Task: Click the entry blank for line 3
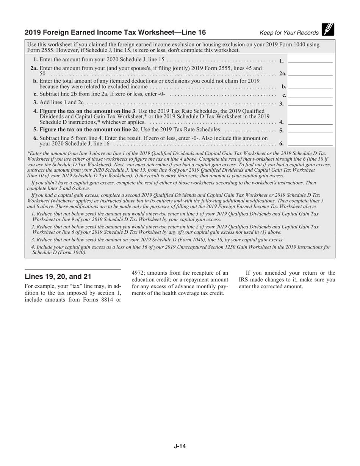point(310,103)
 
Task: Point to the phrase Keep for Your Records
point(289,33)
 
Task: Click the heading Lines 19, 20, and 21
point(58,277)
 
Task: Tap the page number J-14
point(180,446)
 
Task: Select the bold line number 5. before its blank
point(281,130)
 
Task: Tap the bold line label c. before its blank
point(284,95)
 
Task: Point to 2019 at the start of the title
point(32,32)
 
